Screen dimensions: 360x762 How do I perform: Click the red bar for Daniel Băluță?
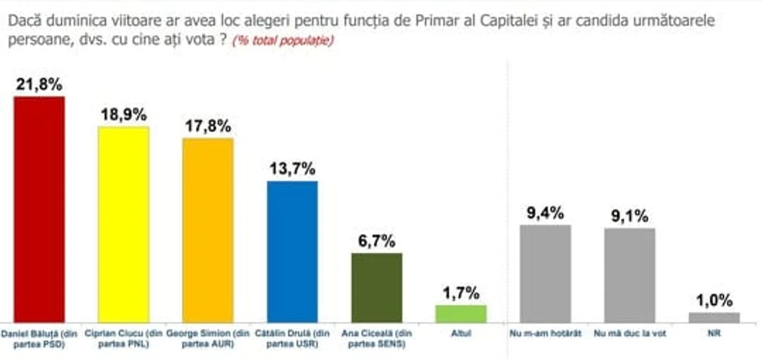39,210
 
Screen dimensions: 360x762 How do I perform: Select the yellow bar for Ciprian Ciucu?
124,224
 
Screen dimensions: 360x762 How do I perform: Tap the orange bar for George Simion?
208,230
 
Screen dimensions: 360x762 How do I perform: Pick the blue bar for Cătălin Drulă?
292,252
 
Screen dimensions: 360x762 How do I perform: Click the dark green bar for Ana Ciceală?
377,288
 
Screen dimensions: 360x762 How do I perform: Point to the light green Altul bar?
461,314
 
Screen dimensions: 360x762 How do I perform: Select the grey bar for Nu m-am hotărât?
545,273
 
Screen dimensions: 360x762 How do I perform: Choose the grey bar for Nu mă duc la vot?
630,275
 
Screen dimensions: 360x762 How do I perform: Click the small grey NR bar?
714,318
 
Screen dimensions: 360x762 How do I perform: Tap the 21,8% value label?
39,85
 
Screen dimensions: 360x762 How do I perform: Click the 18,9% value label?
124,115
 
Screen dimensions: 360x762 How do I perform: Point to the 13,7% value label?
292,169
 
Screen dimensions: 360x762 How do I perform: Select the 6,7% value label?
377,241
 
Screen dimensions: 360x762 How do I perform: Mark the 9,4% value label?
545,213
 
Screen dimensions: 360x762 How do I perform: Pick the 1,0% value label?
714,301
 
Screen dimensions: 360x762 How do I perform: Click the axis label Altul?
461,332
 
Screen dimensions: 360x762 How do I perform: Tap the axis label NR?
714,332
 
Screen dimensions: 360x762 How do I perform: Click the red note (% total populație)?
282,41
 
